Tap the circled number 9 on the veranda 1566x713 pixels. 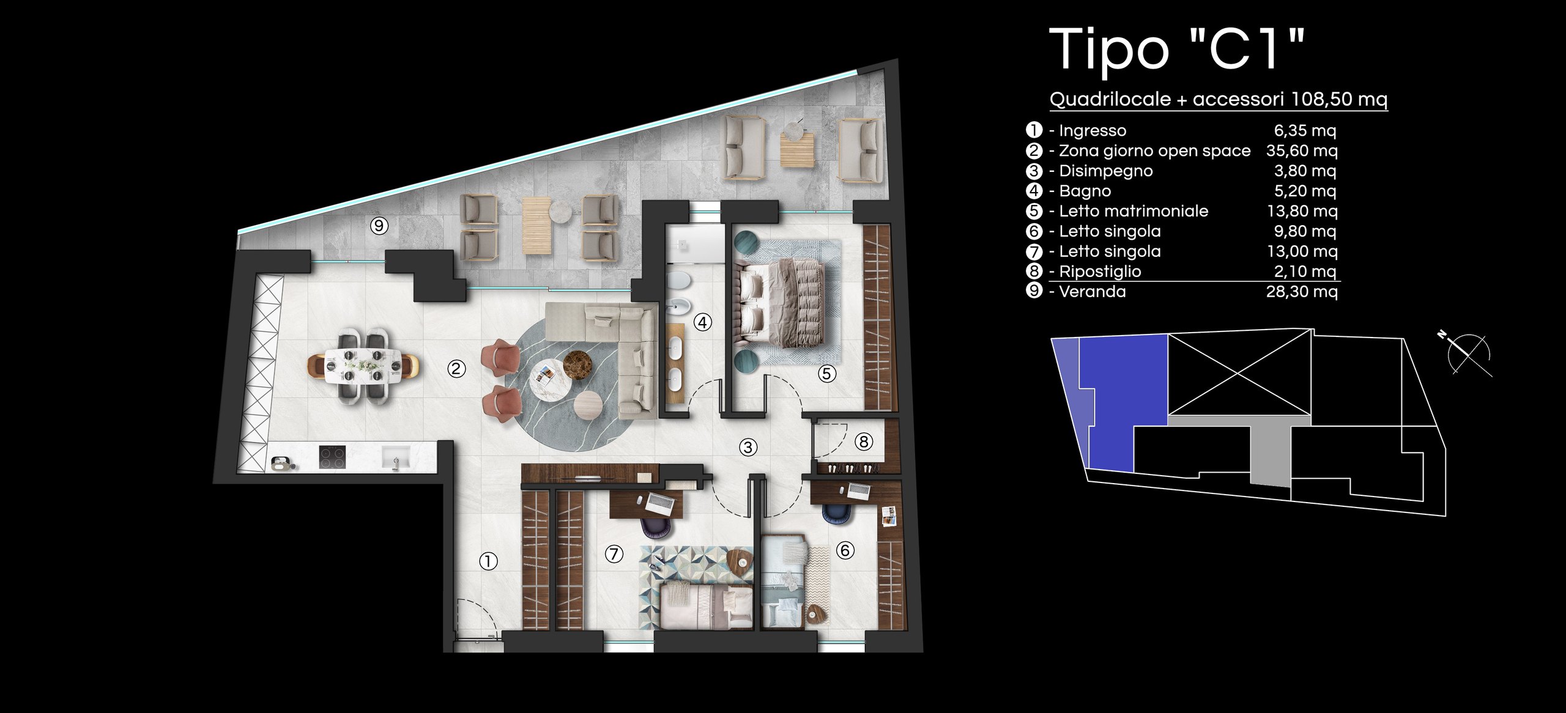[x=379, y=226]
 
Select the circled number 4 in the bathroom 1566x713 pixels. [x=703, y=322]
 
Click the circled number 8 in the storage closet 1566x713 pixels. [x=864, y=441]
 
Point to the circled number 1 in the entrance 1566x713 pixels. [x=488, y=561]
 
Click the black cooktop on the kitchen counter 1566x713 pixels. [x=332, y=457]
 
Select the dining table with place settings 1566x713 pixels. [x=363, y=366]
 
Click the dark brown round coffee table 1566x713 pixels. [x=577, y=363]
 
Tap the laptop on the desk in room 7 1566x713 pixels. [x=661, y=503]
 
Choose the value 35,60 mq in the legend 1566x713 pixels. [x=1302, y=151]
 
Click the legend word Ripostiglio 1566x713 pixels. [x=1100, y=272]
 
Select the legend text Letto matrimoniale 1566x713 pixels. [x=1134, y=211]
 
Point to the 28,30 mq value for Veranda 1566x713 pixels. [x=1302, y=292]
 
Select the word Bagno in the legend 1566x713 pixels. [x=1085, y=191]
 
